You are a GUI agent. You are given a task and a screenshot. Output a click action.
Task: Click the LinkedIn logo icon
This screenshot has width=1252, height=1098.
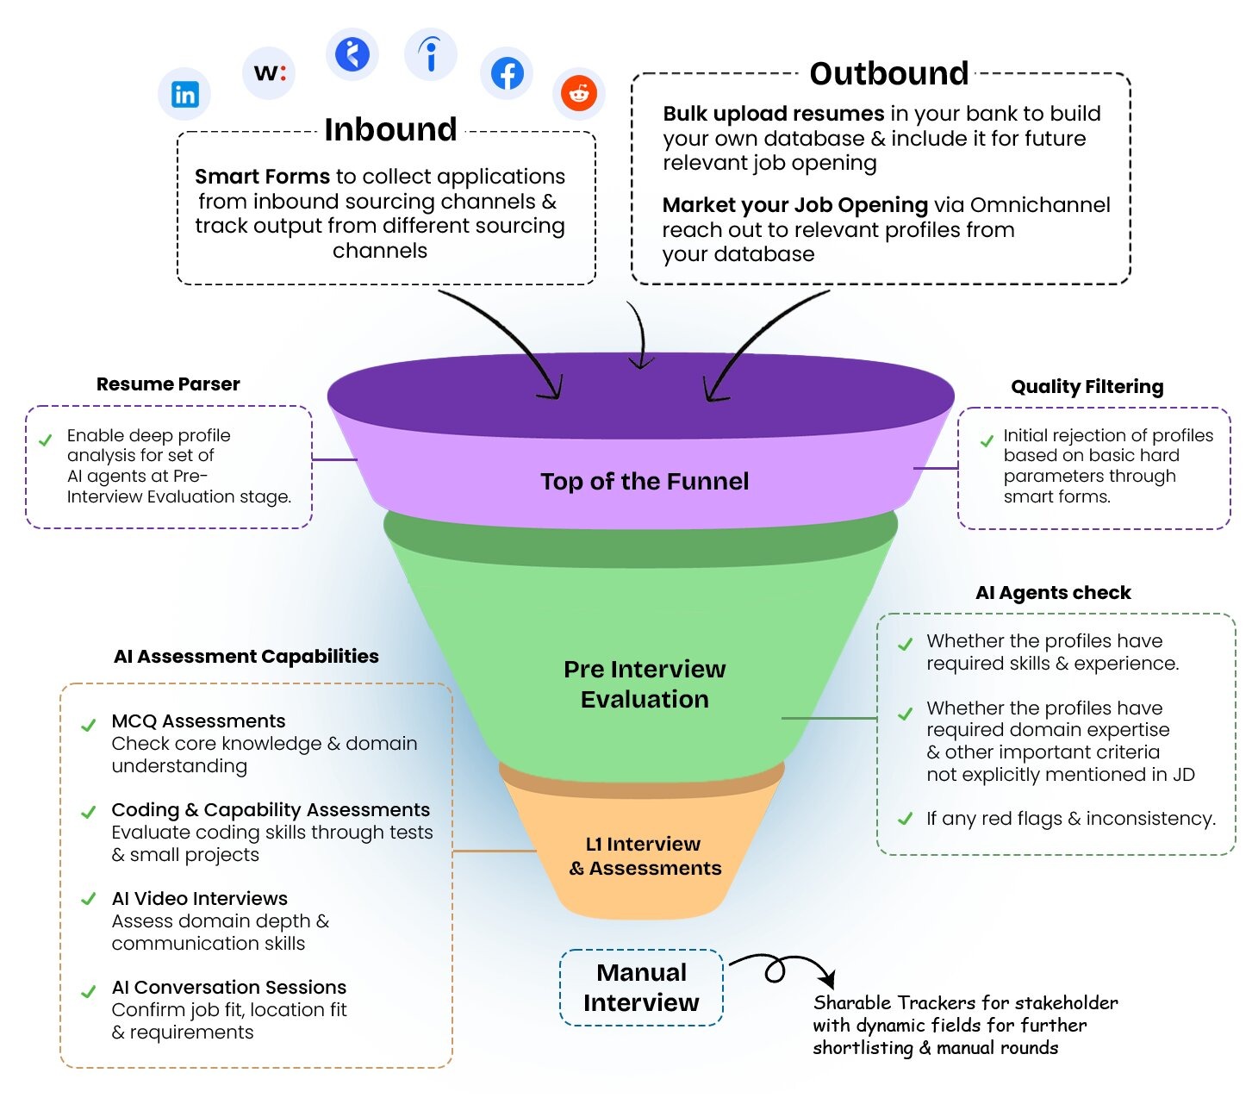pyautogui.click(x=184, y=94)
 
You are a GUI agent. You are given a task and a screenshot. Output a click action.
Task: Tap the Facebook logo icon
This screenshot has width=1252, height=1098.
pyautogui.click(x=507, y=73)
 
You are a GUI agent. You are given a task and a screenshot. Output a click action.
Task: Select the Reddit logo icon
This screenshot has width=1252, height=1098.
pyautogui.click(x=579, y=93)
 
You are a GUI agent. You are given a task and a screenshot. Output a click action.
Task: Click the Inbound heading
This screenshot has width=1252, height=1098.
pyautogui.click(x=390, y=129)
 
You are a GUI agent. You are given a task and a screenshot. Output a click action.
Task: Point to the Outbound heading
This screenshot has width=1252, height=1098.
pyautogui.click(x=889, y=73)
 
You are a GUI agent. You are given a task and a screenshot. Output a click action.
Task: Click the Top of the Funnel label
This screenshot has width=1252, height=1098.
pyautogui.click(x=645, y=481)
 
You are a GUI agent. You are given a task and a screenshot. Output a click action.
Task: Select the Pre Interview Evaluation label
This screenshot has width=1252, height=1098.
pyautogui.click(x=645, y=684)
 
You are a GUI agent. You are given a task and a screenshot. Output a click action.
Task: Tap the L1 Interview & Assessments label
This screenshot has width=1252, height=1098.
pyautogui.click(x=645, y=856)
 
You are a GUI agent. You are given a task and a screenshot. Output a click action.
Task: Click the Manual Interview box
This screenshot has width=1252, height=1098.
pyautogui.click(x=641, y=988)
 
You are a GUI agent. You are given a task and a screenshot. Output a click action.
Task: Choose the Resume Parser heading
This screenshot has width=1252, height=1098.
pyautogui.click(x=168, y=384)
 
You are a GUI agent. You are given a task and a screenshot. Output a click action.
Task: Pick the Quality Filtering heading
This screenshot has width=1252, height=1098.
pyautogui.click(x=1087, y=387)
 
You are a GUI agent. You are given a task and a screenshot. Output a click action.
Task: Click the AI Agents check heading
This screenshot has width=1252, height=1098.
pyautogui.click(x=1053, y=593)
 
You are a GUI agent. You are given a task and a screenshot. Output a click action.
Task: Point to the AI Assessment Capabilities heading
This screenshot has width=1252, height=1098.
pyautogui.click(x=246, y=657)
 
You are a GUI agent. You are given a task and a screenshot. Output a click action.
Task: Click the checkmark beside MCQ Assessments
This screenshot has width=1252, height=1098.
pyautogui.click(x=88, y=725)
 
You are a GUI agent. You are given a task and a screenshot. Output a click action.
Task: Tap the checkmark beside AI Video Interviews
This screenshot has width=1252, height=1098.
pyautogui.click(x=88, y=900)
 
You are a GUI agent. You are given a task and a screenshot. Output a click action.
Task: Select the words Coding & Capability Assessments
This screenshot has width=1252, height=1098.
pyautogui.click(x=271, y=810)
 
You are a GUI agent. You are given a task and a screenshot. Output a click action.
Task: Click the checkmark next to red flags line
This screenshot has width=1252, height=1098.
pyautogui.click(x=905, y=819)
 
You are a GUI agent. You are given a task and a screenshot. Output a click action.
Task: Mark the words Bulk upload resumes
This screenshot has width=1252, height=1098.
pyautogui.click(x=773, y=114)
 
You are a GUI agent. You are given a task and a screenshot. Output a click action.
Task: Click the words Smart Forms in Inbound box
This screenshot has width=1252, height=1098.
pyautogui.click(x=262, y=177)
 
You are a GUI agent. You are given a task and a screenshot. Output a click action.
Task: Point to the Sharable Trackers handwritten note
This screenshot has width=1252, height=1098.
pyautogui.click(x=964, y=1026)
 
